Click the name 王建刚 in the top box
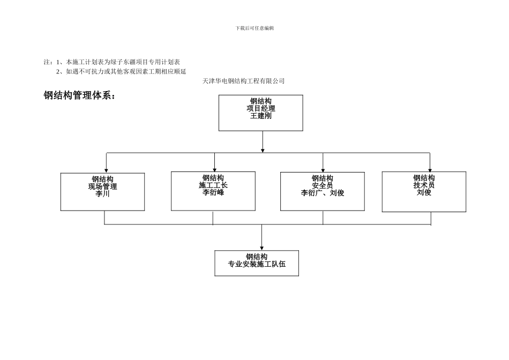[260, 116]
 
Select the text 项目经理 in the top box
[260, 108]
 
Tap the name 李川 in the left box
[102, 194]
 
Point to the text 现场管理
[102, 186]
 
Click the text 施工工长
[213, 185]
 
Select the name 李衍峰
[213, 192]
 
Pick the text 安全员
[322, 185]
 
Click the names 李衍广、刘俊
[322, 193]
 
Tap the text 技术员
[423, 185]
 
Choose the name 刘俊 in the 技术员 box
[423, 192]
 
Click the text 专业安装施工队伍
[257, 264]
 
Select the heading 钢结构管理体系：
[80, 96]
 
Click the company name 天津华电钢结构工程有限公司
[243, 81]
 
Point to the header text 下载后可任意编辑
[254, 28]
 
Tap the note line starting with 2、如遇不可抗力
[121, 71]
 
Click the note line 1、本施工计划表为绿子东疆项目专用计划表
[118, 62]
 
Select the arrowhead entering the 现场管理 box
[106, 170]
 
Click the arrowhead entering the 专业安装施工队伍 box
[261, 248]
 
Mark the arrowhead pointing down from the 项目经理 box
[263, 151]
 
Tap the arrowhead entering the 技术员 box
[430, 170]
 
